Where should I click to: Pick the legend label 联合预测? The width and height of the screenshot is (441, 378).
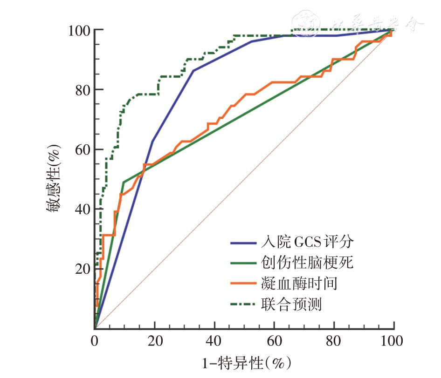click(x=289, y=304)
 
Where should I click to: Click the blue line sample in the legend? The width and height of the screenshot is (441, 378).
click(x=243, y=243)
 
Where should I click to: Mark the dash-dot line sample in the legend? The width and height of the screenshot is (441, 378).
click(x=243, y=304)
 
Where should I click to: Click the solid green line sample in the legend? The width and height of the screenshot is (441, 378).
click(x=243, y=263)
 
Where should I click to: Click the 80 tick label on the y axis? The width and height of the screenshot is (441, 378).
click(x=82, y=90)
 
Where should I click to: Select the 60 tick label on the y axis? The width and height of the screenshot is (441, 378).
click(x=82, y=149)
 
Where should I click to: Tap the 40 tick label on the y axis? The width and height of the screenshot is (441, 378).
click(x=82, y=209)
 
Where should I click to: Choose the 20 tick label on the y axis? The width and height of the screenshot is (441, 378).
click(x=82, y=269)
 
